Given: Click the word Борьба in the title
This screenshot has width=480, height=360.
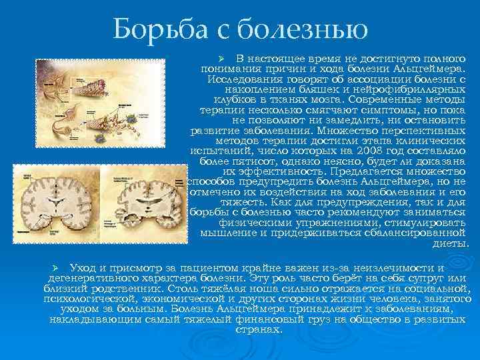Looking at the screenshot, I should (x=153, y=30).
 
